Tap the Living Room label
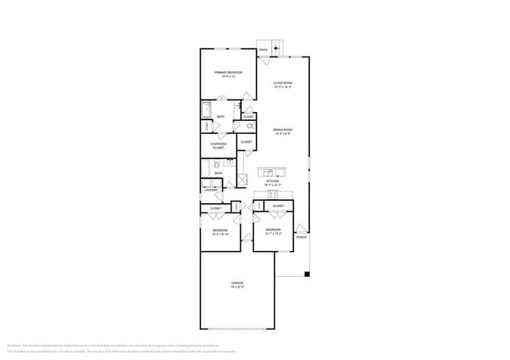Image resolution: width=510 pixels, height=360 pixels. (282, 84)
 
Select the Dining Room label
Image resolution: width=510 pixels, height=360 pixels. (282, 130)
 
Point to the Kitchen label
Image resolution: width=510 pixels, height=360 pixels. (272, 182)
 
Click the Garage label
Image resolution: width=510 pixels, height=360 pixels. (237, 284)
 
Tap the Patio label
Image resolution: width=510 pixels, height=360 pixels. (264, 51)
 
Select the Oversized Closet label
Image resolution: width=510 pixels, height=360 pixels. (219, 145)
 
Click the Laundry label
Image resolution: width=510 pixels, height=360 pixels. (211, 190)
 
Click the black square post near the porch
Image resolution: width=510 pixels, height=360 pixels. (308, 274)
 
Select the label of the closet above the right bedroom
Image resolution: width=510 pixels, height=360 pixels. (279, 205)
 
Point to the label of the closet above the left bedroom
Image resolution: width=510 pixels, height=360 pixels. (215, 208)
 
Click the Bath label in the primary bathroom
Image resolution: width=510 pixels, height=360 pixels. (221, 117)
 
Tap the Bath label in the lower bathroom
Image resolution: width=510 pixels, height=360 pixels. (218, 173)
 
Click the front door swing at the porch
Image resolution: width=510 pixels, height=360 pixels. (301, 228)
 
